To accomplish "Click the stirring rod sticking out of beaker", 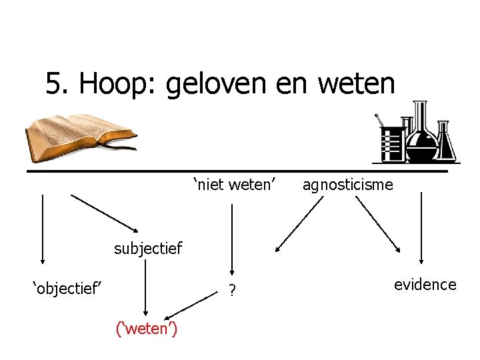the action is [x=380, y=121].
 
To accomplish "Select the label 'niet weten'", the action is [x=235, y=183].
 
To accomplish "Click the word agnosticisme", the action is [x=347, y=185].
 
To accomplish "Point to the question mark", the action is [x=231, y=291].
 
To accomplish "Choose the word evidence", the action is [x=425, y=285].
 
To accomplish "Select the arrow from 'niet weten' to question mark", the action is [x=231, y=240].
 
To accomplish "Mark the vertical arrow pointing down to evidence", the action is [x=421, y=230].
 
